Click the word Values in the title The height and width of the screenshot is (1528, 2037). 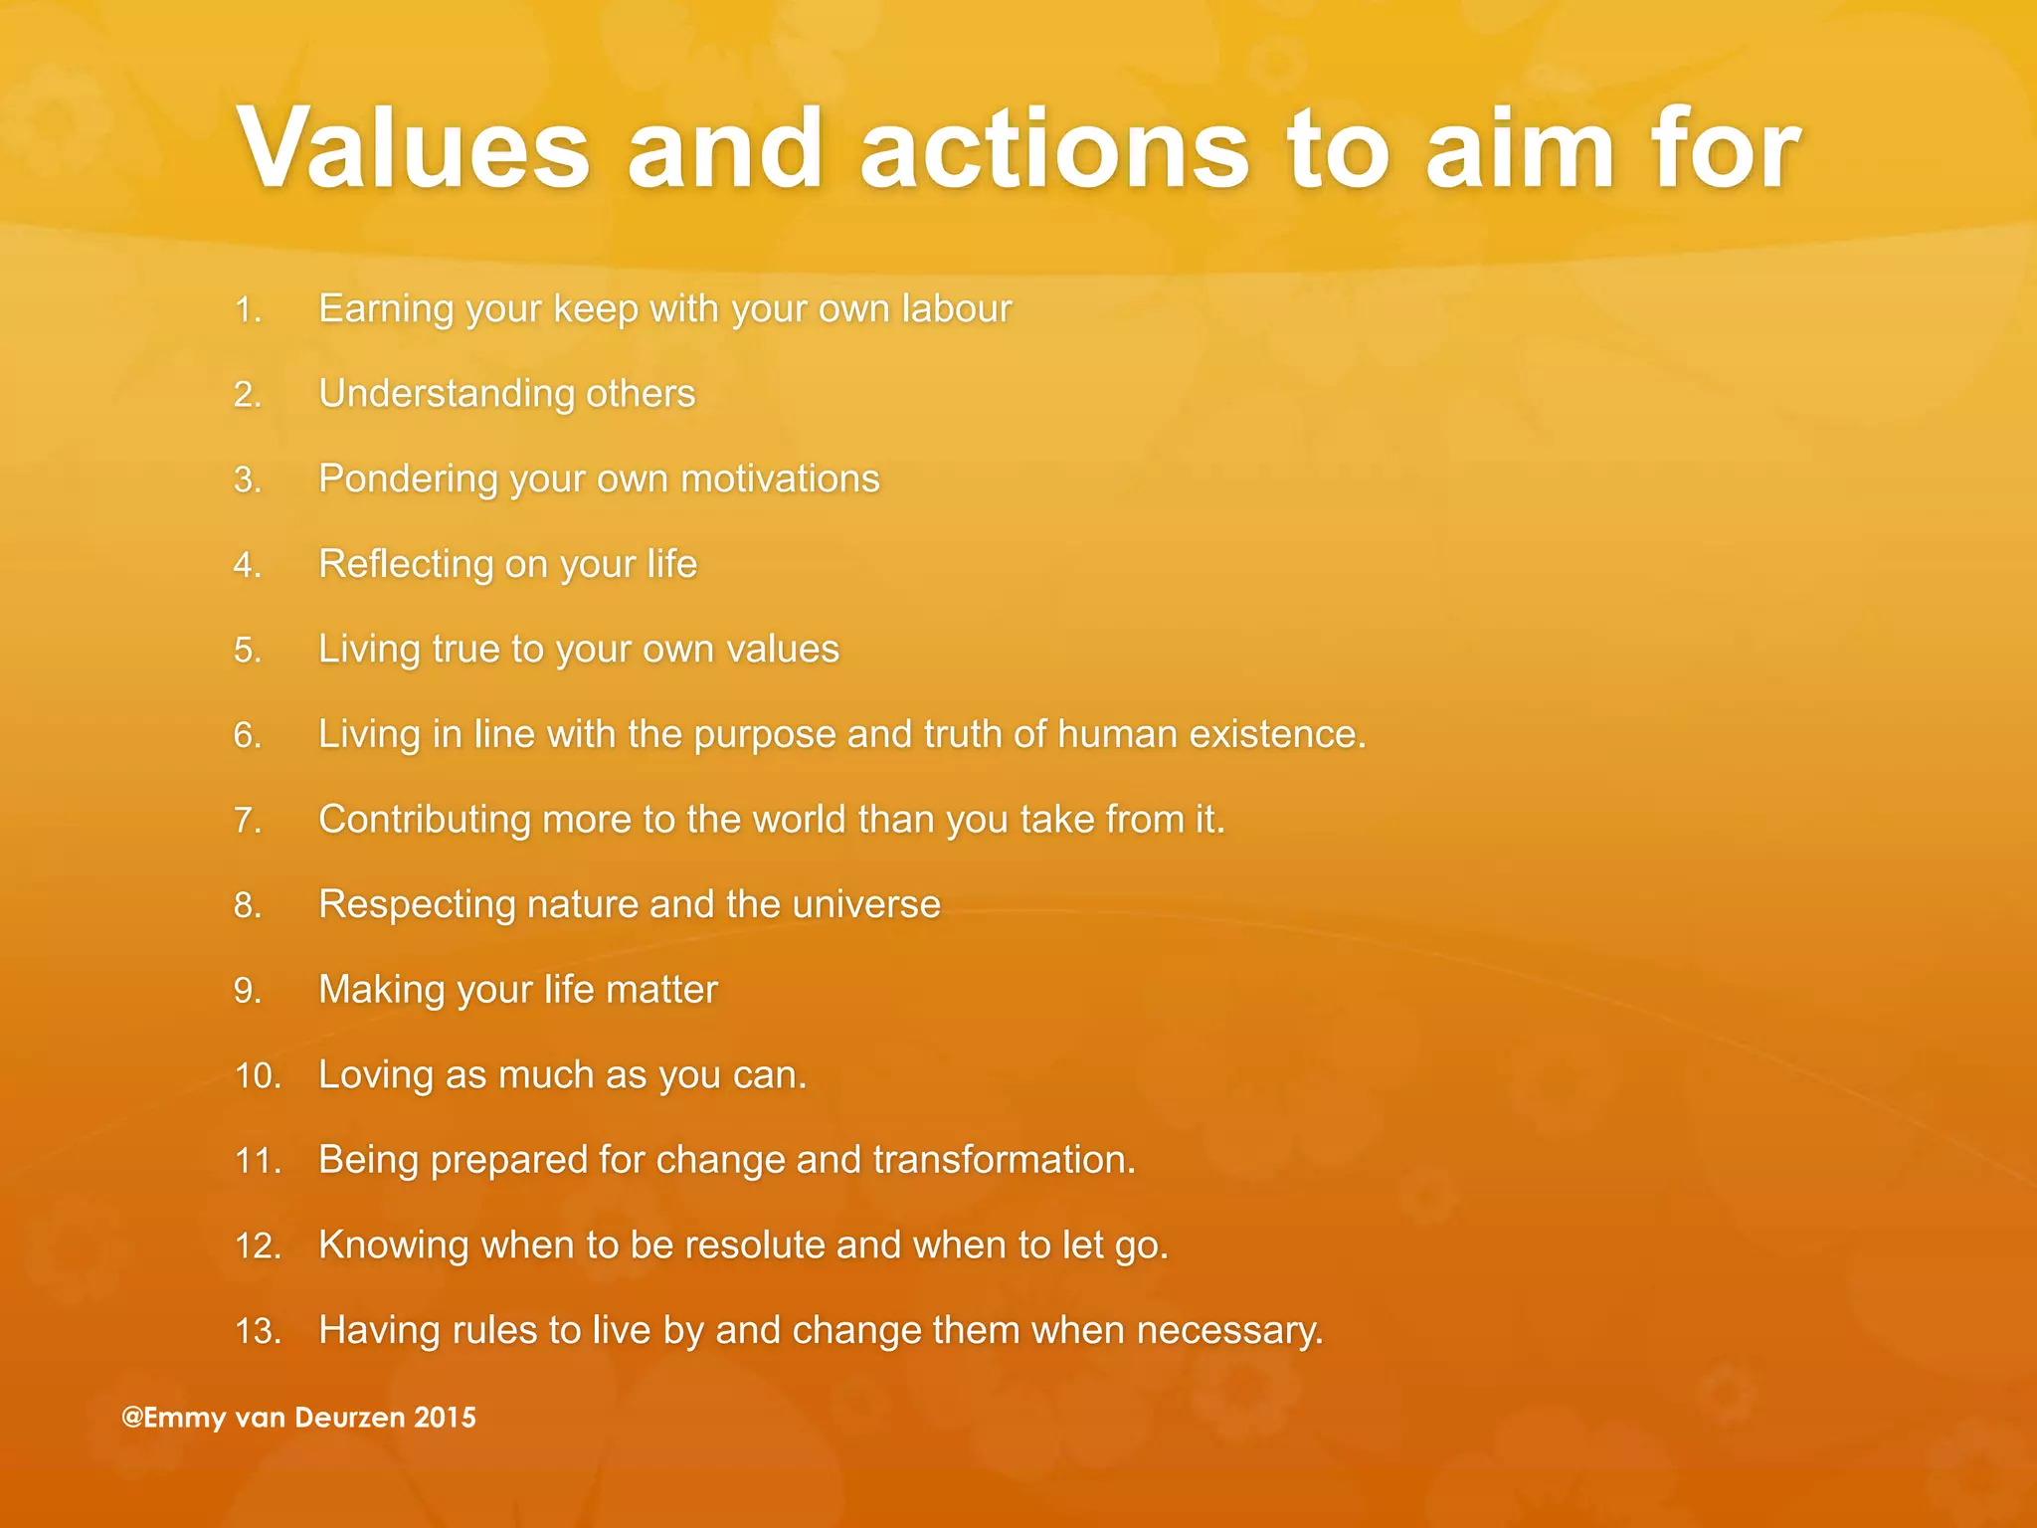(x=414, y=149)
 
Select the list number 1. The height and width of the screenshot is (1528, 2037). (x=247, y=310)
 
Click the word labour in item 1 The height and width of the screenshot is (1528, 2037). (x=956, y=308)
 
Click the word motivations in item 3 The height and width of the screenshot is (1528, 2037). (x=780, y=478)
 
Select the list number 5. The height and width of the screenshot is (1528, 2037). (x=247, y=651)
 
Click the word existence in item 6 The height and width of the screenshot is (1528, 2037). (x=1276, y=734)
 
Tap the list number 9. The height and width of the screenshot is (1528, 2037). (x=247, y=991)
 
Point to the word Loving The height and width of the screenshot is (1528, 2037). (x=375, y=1075)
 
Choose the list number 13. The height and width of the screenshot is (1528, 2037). (x=257, y=1331)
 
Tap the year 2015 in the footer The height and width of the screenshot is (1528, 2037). (x=445, y=1418)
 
